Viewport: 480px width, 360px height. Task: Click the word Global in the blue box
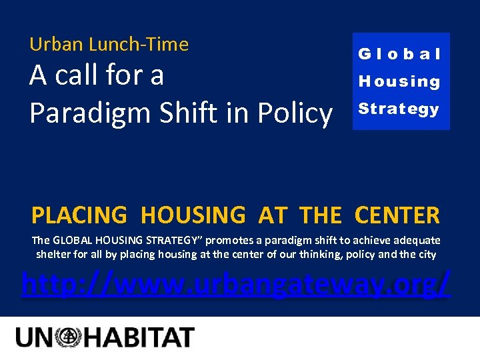pyautogui.click(x=400, y=54)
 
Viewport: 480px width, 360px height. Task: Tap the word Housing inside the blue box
pyautogui.click(x=400, y=81)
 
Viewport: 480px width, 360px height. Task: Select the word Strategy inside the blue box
pyautogui.click(x=399, y=109)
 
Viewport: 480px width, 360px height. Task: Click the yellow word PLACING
pyautogui.click(x=79, y=215)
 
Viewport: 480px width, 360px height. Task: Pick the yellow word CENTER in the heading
pyautogui.click(x=397, y=215)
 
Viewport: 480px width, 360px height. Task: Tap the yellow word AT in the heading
pyautogui.click(x=272, y=215)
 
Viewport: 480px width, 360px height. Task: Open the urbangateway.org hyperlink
pyautogui.click(x=236, y=285)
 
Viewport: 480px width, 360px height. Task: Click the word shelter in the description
pyautogui.click(x=53, y=254)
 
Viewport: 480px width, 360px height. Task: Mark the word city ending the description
pyautogui.click(x=427, y=254)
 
